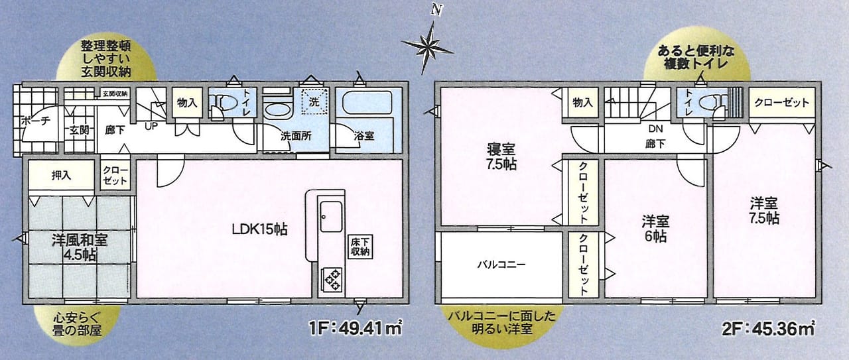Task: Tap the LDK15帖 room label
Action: [259, 229]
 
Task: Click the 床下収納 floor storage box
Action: [360, 247]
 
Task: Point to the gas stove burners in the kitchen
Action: [332, 280]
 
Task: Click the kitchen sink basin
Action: [331, 216]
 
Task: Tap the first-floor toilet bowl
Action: [226, 102]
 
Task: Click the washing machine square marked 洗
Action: [314, 101]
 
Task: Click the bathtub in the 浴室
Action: [367, 102]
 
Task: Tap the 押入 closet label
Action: [62, 176]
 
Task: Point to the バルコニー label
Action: [501, 265]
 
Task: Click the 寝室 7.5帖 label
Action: [501, 156]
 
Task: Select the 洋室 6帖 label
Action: [655, 229]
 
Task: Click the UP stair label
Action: [151, 126]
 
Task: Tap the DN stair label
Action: [656, 129]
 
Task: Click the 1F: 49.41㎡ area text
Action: [356, 327]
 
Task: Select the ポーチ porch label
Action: [35, 121]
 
